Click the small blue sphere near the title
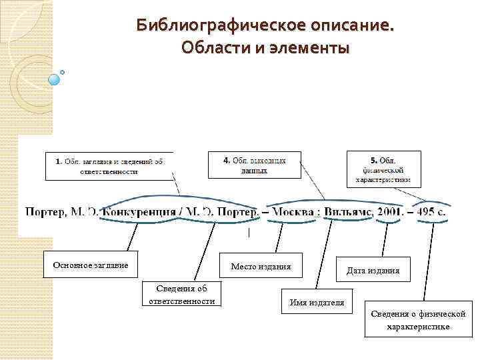pyautogui.click(x=54, y=79)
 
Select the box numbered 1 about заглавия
pyautogui.click(x=109, y=166)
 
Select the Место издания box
pyautogui.click(x=261, y=267)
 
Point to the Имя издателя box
pyautogui.click(x=317, y=303)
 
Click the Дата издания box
pyautogui.click(x=373, y=270)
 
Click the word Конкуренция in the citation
pyautogui.click(x=138, y=212)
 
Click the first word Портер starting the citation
pyautogui.click(x=45, y=212)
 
